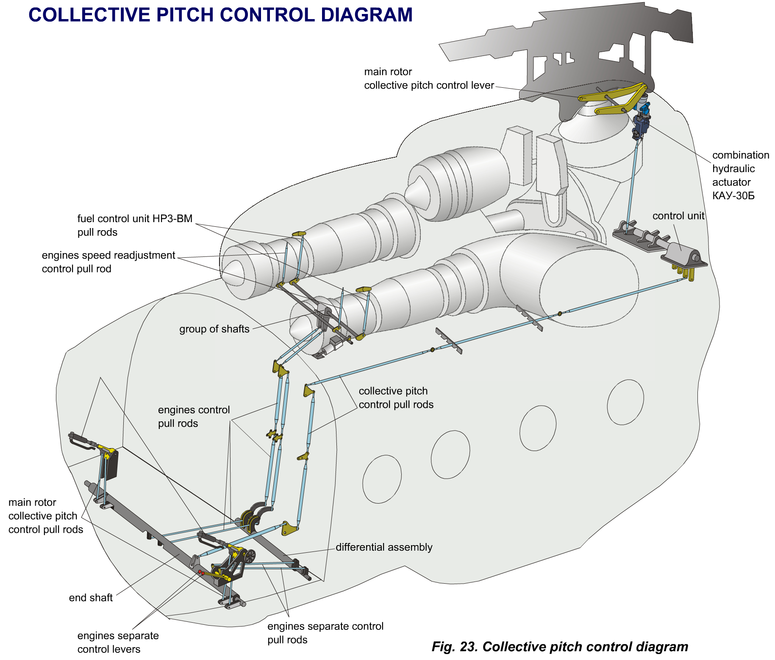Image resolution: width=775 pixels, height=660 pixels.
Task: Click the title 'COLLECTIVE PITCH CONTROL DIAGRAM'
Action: pos(220,15)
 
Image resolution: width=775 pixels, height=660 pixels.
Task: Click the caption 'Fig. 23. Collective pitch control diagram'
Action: pos(559,646)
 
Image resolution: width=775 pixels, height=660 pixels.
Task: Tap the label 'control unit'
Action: pos(678,216)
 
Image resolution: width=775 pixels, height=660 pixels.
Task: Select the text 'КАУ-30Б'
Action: pos(733,196)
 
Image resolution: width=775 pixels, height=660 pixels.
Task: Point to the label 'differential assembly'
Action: pos(384,547)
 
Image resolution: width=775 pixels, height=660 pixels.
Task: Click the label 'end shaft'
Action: pos(91,598)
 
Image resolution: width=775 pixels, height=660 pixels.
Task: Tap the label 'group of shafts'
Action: pos(214,329)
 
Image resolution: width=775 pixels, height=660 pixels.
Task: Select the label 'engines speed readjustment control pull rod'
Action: pos(108,262)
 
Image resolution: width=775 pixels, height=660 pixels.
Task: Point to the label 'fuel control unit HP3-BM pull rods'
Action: pos(135,225)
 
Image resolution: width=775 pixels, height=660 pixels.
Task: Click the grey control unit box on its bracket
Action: pos(682,255)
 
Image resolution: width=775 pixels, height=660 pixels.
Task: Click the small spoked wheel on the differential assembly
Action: pos(250,556)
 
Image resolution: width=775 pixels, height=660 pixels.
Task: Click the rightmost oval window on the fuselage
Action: pos(625,402)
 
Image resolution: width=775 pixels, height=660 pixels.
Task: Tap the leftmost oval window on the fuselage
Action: pos(382,479)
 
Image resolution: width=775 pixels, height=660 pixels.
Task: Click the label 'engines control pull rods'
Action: pos(194,416)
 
